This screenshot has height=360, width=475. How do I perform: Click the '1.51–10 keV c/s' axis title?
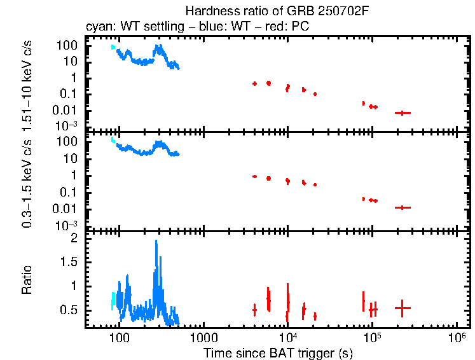click(27, 83)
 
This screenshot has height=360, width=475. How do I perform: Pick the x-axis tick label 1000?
click(203, 337)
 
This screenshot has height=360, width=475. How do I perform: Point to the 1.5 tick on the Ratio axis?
click(71, 262)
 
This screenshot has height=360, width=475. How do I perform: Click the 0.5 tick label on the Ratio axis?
click(71, 310)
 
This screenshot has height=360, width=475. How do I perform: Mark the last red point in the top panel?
click(402, 113)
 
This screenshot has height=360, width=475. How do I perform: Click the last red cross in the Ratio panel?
click(402, 308)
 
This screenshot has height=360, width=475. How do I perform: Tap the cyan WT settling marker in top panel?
click(113, 47)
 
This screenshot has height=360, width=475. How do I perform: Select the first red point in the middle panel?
click(254, 176)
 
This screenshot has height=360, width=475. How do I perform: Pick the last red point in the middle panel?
click(402, 207)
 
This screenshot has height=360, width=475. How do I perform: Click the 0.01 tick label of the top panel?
click(67, 110)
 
